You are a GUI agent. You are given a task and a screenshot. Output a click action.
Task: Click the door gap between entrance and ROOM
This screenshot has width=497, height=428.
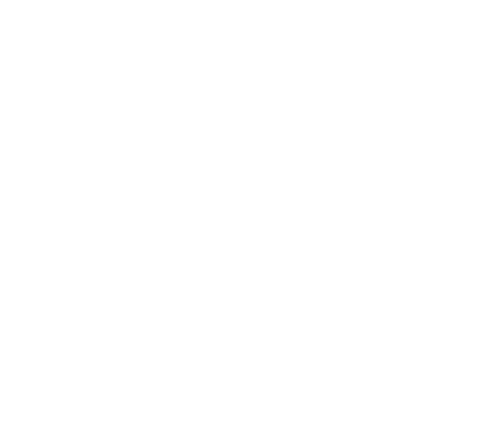(x=284, y=249)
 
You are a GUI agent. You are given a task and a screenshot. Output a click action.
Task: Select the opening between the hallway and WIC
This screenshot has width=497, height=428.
(x=284, y=316)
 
